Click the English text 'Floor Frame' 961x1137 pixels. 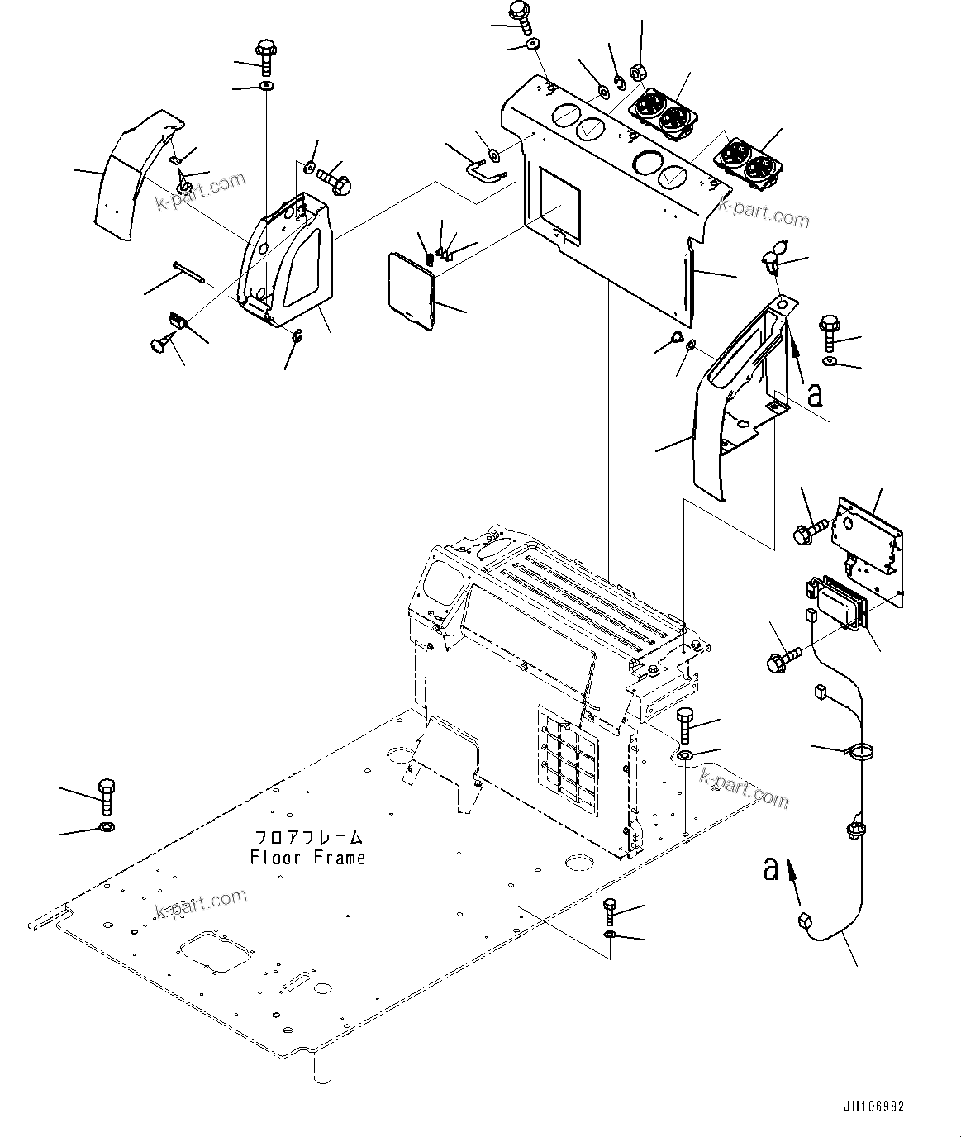pyautogui.click(x=307, y=858)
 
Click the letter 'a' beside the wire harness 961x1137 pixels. pyautogui.click(x=771, y=868)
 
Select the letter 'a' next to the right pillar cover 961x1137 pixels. pyautogui.click(x=814, y=395)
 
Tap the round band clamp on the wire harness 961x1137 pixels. pyautogui.click(x=859, y=753)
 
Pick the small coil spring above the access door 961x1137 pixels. pyautogui.click(x=430, y=259)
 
